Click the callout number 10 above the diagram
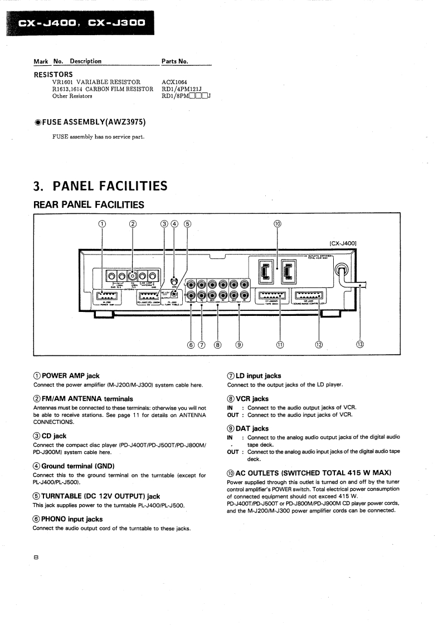(x=278, y=224)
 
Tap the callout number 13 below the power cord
(x=360, y=344)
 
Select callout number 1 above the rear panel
(x=102, y=224)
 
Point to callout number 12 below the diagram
(x=319, y=344)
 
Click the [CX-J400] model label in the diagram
(x=343, y=243)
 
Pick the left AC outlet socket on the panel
(x=264, y=271)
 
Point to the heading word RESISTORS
(x=53, y=74)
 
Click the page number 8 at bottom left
(x=36, y=556)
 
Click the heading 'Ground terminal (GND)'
(x=77, y=465)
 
